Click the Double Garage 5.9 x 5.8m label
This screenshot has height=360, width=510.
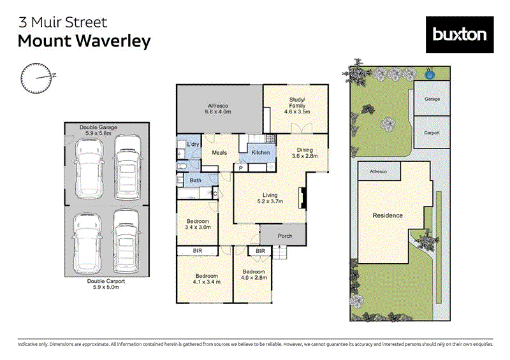click(x=99, y=130)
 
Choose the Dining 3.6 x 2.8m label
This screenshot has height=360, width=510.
click(x=304, y=152)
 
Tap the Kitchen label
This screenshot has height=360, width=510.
click(x=261, y=153)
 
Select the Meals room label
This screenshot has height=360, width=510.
click(x=219, y=153)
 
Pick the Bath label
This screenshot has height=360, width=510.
click(x=196, y=181)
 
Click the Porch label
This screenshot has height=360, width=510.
click(x=285, y=236)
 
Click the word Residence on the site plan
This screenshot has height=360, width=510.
click(x=388, y=215)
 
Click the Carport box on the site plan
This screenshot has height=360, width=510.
click(x=432, y=133)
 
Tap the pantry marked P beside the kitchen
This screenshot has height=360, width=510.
click(x=241, y=168)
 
